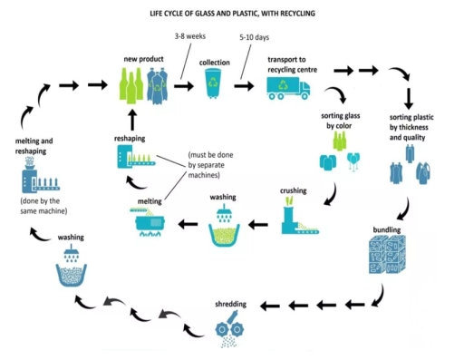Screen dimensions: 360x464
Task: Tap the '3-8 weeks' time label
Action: coord(189,37)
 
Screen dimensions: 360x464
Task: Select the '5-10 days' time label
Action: coord(255,37)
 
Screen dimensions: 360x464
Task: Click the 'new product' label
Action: coord(143,58)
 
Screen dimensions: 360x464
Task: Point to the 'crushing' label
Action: coord(293,191)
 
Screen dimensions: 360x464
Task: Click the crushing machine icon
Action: coord(297,219)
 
